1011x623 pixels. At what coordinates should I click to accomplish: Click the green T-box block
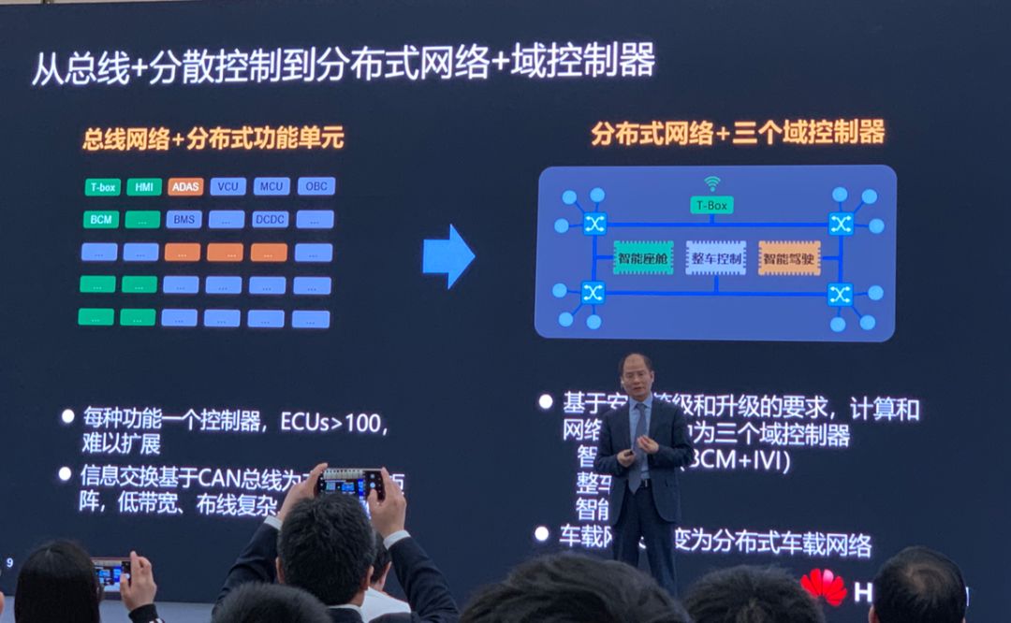click(x=103, y=187)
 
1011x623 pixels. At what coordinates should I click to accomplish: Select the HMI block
click(x=144, y=187)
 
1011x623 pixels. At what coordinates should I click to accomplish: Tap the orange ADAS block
click(x=185, y=187)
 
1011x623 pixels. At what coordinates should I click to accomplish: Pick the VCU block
click(x=227, y=186)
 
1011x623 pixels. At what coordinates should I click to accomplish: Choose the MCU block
click(x=271, y=186)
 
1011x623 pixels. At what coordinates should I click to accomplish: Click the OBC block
click(x=316, y=186)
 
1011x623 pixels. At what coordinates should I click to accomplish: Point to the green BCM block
click(x=100, y=220)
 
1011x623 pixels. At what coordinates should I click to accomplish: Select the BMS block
click(x=183, y=220)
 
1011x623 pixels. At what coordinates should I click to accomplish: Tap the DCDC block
click(x=270, y=220)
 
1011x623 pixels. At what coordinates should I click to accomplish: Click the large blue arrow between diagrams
click(x=448, y=255)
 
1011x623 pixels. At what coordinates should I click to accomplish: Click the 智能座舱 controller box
click(x=643, y=257)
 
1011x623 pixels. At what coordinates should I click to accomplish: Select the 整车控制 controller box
click(x=716, y=257)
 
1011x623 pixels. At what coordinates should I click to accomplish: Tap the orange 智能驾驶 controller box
click(x=789, y=257)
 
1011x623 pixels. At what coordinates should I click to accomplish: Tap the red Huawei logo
click(x=824, y=587)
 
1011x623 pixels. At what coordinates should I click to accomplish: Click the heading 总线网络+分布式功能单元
click(x=212, y=139)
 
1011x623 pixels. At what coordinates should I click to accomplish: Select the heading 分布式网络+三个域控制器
click(x=738, y=133)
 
